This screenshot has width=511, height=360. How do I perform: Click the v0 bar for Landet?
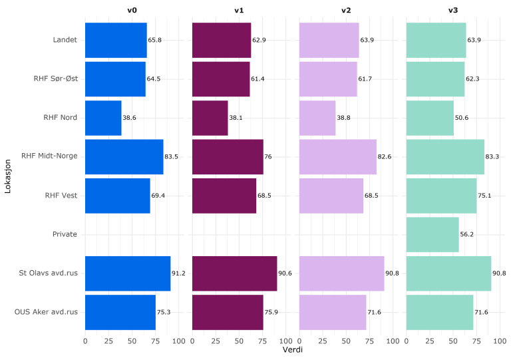116,40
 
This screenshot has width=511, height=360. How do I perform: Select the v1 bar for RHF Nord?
210,118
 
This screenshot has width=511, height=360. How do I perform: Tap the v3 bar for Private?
432,234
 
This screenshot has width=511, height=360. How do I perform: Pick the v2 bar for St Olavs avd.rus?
341,273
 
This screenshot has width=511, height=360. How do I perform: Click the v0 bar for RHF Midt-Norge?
124,156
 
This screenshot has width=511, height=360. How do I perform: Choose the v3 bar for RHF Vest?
440,196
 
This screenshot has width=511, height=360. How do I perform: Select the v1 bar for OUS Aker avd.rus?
228,312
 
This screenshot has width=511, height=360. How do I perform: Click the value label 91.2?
179,273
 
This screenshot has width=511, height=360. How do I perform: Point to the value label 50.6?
462,118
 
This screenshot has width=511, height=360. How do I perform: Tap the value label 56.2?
467,234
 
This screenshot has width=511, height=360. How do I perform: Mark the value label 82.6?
385,156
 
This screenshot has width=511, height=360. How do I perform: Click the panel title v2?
346,10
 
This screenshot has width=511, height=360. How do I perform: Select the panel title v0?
132,10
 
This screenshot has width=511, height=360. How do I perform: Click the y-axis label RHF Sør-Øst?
56,79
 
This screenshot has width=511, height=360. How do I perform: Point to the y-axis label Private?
65,234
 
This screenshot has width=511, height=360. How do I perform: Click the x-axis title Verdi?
293,349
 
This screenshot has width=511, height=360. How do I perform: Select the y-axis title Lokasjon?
9,176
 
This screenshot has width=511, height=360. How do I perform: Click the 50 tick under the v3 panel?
453,341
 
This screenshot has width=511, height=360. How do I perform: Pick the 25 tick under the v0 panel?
108,341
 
